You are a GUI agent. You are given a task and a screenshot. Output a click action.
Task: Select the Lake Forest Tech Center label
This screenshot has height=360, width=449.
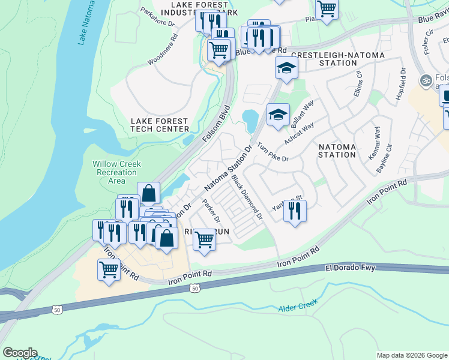(160, 125)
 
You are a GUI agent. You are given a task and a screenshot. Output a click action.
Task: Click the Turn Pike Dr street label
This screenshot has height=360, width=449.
(273, 152)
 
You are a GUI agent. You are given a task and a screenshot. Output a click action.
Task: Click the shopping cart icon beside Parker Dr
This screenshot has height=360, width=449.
(204, 240)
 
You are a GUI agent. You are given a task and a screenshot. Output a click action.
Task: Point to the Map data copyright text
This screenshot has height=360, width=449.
(411, 355)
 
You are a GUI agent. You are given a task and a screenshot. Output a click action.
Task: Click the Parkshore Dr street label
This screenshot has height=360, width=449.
(157, 18)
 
